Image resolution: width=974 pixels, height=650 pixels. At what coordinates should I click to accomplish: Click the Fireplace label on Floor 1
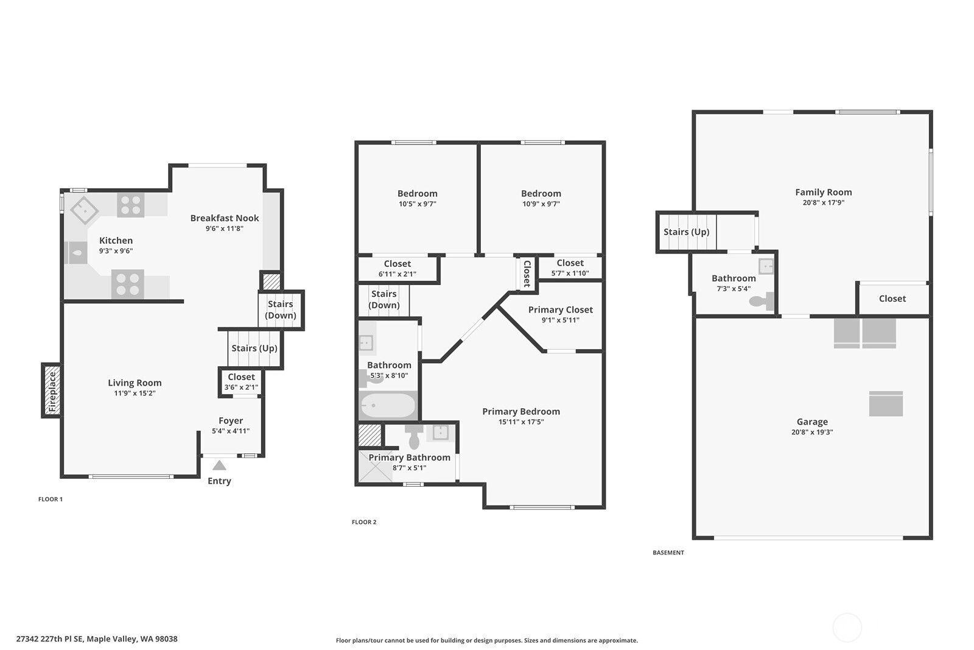tap(52, 392)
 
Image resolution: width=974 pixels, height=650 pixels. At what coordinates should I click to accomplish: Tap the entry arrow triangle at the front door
tap(219, 465)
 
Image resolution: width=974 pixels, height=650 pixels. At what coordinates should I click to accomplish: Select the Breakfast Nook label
tap(225, 218)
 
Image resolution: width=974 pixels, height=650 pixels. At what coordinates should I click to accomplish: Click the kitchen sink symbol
tap(76, 253)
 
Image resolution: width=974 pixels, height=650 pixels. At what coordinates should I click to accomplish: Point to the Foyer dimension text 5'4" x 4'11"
tap(231, 431)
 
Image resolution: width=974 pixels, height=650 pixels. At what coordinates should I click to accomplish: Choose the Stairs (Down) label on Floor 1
tap(281, 309)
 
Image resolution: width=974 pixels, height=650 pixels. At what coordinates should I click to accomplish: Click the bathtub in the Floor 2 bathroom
tap(387, 406)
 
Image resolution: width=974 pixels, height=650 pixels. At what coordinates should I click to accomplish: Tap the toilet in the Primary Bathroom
tap(414, 436)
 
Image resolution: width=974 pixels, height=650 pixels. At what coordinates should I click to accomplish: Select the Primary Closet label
tap(561, 310)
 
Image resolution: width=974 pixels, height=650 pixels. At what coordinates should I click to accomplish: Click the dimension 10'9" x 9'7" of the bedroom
tap(541, 203)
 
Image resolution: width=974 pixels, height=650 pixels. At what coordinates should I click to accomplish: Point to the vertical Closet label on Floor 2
tap(527, 274)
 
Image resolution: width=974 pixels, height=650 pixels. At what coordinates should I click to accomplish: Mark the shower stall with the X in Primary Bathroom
tap(375, 467)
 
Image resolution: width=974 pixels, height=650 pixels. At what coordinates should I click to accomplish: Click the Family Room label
tap(824, 193)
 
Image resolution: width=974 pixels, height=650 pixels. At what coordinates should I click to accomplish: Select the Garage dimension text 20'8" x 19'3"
tap(812, 432)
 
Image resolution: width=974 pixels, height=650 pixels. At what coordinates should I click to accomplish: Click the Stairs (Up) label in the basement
tap(686, 232)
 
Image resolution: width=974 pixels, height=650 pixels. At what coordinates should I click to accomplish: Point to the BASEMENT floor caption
tap(668, 553)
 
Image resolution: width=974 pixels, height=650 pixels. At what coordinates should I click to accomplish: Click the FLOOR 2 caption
tap(364, 522)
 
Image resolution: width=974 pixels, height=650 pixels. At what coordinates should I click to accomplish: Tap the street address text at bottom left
tap(97, 638)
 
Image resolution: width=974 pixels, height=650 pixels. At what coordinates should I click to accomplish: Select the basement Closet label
tap(892, 299)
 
